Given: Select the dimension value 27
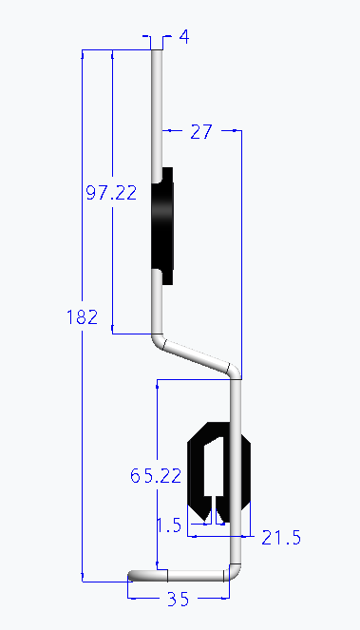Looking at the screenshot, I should click(x=200, y=132).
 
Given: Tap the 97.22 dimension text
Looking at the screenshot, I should click(x=111, y=193).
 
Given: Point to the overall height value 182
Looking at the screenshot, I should click(x=83, y=317).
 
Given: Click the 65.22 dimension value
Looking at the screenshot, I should click(x=155, y=476).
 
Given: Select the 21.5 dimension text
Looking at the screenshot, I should click(x=281, y=538).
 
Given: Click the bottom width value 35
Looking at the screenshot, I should click(x=178, y=599).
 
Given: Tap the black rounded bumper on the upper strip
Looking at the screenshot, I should click(x=167, y=226).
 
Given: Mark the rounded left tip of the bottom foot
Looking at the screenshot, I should click(x=132, y=575).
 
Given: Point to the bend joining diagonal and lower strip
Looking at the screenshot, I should click(x=235, y=370).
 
